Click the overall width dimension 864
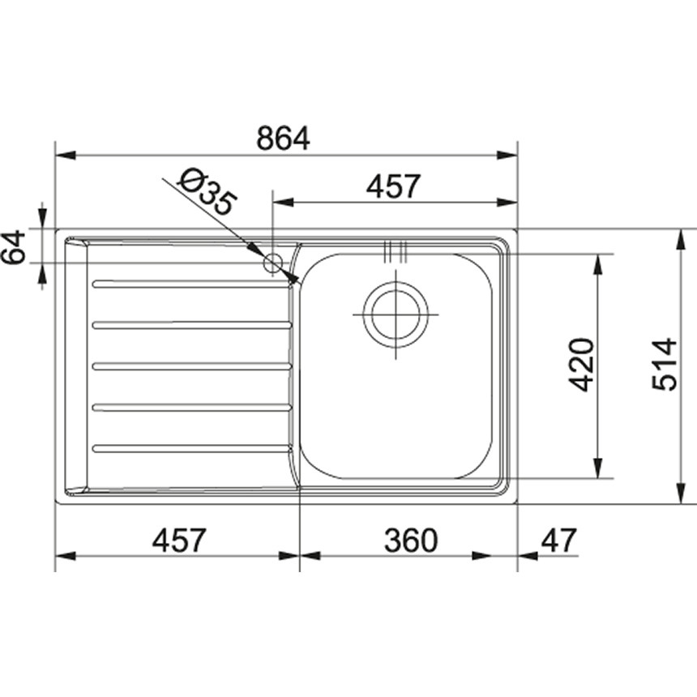pyautogui.click(x=283, y=139)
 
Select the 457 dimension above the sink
pyautogui.click(x=393, y=186)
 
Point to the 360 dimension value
pyautogui.click(x=409, y=540)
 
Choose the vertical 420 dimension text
pyautogui.click(x=582, y=365)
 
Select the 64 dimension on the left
pyautogui.click(x=15, y=246)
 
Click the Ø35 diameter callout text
pyautogui.click(x=207, y=191)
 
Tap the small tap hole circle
pyautogui.click(x=273, y=263)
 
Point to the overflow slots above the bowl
pyautogui.click(x=396, y=251)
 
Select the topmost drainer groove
pyautogui.click(x=192, y=284)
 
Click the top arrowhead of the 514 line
pyautogui.click(x=679, y=238)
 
